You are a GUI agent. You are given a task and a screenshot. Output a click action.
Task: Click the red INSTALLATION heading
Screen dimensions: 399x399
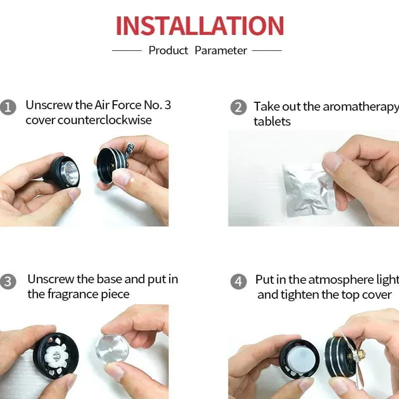click(x=200, y=26)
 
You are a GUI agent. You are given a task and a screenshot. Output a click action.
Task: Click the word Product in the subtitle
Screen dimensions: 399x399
click(x=168, y=50)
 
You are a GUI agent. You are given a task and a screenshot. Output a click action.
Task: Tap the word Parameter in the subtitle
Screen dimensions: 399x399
click(x=220, y=50)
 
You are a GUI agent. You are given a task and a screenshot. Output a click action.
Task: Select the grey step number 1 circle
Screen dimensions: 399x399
click(x=8, y=107)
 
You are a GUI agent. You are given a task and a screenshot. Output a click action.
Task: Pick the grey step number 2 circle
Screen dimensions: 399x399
click(x=238, y=107)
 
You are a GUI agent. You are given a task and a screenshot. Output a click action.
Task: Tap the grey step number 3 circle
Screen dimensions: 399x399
click(x=8, y=281)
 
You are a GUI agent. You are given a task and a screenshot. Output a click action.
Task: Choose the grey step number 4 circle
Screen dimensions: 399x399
click(x=238, y=281)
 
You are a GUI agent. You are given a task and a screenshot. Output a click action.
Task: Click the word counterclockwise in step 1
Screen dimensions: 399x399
click(x=105, y=120)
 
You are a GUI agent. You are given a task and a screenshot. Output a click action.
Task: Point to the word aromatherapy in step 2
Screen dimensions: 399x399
click(x=361, y=107)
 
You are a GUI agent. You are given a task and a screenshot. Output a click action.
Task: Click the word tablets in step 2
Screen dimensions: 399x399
click(x=272, y=121)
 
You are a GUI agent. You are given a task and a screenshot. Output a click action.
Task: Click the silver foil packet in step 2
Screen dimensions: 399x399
click(x=308, y=190)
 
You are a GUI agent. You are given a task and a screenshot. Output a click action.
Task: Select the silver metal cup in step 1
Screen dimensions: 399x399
click(x=69, y=172)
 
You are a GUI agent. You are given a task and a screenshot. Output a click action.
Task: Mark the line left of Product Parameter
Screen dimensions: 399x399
click(x=127, y=50)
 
